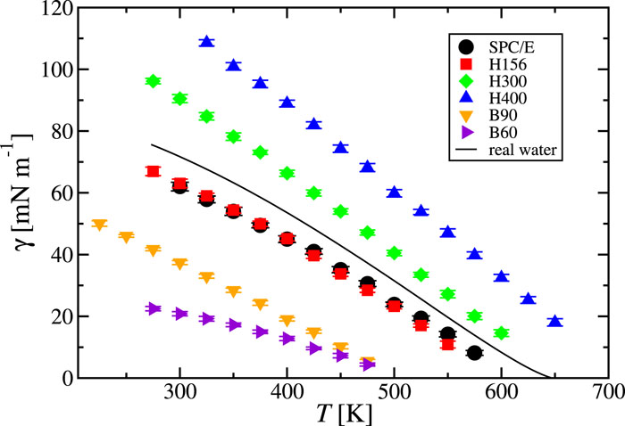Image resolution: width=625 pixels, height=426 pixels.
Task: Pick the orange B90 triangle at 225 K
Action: pos(99,225)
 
